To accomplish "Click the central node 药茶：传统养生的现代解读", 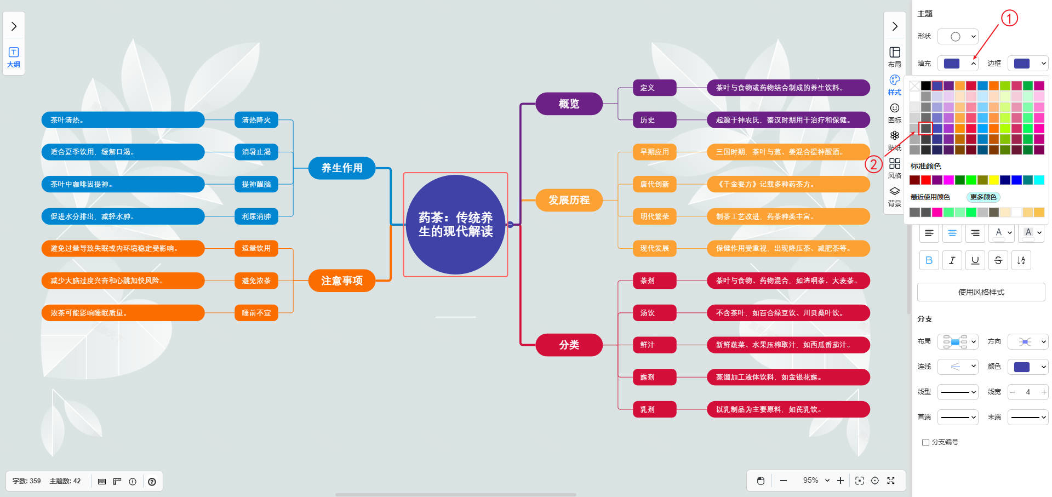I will click(x=455, y=225).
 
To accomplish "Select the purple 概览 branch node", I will click(x=569, y=104).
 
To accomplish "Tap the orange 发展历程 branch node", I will click(x=569, y=200).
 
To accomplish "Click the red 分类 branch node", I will click(x=569, y=345).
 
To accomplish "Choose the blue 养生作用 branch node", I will click(x=342, y=168).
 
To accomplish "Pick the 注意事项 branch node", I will click(x=342, y=281).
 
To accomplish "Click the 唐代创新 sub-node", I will click(x=654, y=184).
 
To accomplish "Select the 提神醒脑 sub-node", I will click(x=256, y=184).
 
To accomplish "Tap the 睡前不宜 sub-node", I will click(x=256, y=313).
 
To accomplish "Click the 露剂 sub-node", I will click(x=647, y=377).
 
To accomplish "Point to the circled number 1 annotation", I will click(x=1009, y=18).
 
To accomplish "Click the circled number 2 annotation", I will click(x=873, y=164).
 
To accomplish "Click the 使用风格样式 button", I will click(x=981, y=292).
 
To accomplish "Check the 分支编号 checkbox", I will click(x=925, y=442).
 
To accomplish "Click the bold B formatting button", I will click(x=929, y=260).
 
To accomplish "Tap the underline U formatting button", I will click(x=975, y=260).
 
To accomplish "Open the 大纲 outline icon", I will click(x=14, y=56).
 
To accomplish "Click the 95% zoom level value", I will click(x=811, y=481).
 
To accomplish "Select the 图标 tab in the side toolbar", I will click(x=894, y=112).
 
